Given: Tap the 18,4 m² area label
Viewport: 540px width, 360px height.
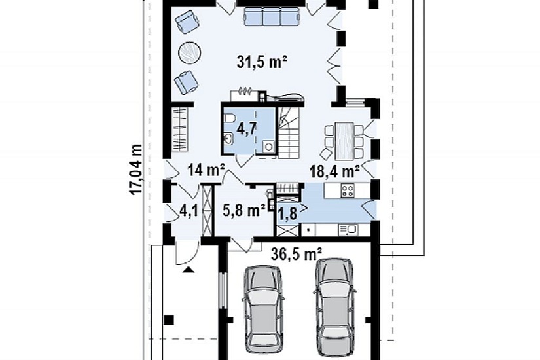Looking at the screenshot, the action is point(334,171).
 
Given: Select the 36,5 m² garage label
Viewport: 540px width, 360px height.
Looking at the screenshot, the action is point(297,254).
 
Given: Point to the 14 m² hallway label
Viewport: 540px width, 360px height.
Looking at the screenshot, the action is point(206,170).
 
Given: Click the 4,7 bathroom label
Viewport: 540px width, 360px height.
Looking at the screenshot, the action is point(247,129).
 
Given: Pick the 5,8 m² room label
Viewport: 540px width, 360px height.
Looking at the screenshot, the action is point(243,210).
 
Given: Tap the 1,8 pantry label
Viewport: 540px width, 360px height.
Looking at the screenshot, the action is point(287,213).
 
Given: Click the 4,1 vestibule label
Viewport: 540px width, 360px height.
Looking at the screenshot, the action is point(189,211).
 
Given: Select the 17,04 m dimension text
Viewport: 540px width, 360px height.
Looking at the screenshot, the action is point(135,170).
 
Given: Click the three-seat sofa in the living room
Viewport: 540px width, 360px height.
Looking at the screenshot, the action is point(271,16).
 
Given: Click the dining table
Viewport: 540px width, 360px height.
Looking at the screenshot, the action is point(344,141).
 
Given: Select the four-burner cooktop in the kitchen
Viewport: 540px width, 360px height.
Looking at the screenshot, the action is point(347,190).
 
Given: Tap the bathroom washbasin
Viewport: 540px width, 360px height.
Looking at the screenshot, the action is point(228,139).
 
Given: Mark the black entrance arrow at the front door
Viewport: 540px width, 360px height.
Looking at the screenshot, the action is point(188,270).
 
